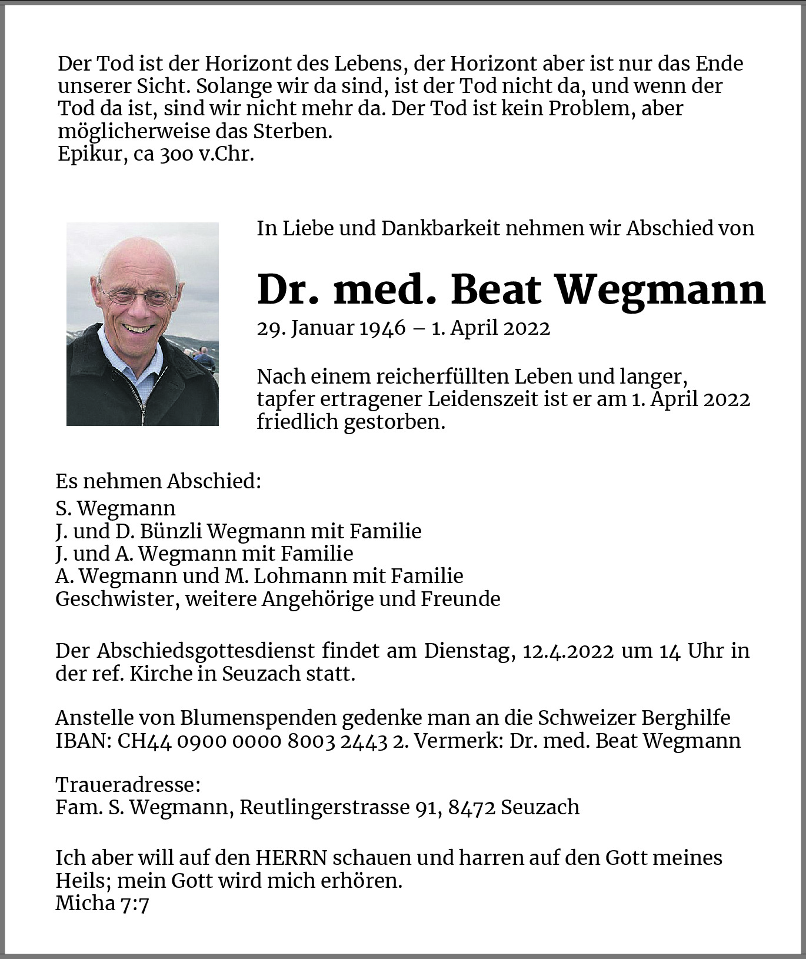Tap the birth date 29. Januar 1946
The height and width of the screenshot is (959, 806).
[331, 328]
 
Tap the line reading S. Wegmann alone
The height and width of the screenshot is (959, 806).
[115, 508]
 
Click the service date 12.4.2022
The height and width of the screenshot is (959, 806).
[568, 651]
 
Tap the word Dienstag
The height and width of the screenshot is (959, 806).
[469, 651]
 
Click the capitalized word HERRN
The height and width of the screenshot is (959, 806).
[291, 858]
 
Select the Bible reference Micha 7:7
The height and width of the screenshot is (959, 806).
[102, 903]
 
